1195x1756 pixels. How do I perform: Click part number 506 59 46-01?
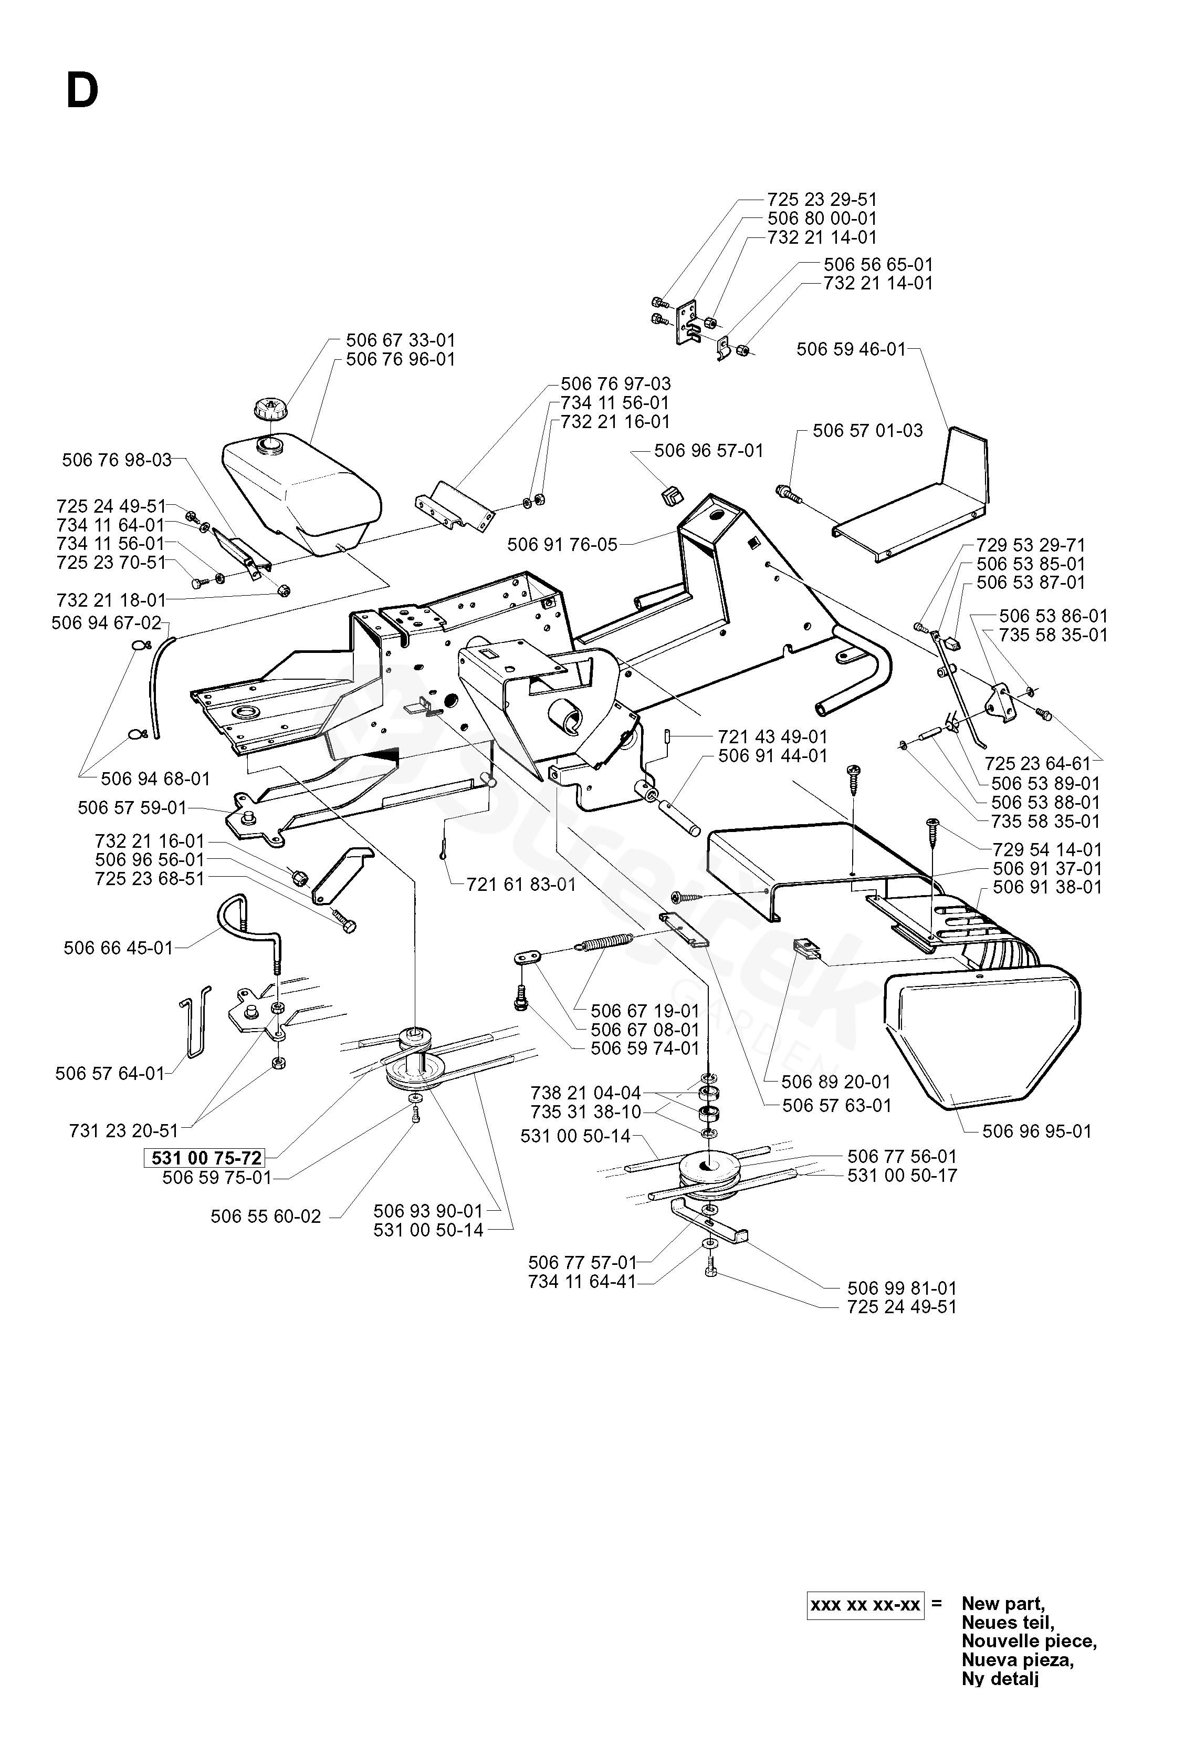pos(851,349)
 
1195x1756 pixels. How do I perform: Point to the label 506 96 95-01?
pos(1037,1131)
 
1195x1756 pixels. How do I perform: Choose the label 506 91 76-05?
pos(562,544)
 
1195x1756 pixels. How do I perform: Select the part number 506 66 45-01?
pos(119,948)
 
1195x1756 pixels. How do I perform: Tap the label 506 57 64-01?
pos(110,1073)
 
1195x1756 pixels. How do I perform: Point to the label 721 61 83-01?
pos(521,884)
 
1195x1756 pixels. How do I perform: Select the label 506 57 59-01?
pos(132,808)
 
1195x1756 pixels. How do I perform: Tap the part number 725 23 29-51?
pos(822,200)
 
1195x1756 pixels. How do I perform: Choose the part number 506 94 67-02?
pos(107,622)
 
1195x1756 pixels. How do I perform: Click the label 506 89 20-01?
pos(836,1082)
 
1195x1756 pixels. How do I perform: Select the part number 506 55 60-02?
pos(266,1217)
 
